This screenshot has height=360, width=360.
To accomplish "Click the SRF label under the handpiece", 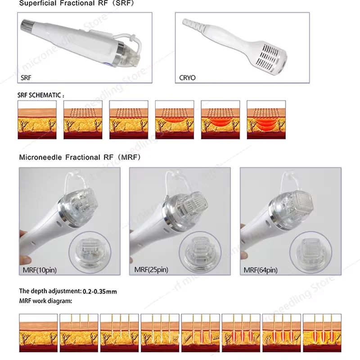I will click(x=27, y=78).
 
